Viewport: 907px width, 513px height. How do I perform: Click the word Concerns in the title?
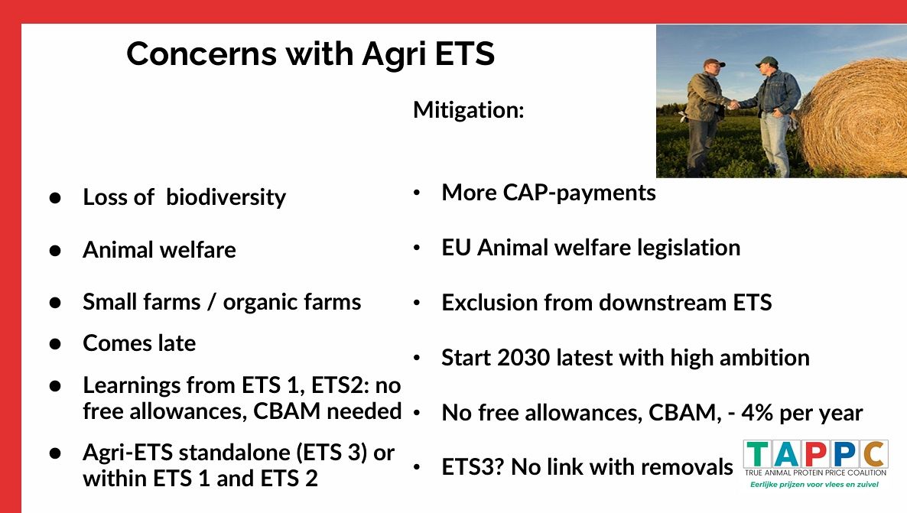coord(200,54)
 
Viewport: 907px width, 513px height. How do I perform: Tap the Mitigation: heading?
coord(469,110)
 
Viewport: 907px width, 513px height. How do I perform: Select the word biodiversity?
coord(226,198)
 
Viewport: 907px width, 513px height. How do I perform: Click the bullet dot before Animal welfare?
coord(55,251)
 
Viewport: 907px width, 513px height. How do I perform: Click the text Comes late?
coord(139,343)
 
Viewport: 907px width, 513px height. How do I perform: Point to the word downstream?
coord(661,303)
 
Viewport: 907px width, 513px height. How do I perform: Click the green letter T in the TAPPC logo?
coord(757,455)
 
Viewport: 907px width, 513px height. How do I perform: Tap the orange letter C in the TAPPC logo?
coord(875,455)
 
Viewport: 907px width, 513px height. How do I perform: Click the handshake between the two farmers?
coord(733,105)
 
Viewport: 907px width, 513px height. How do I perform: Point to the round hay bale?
coord(851,118)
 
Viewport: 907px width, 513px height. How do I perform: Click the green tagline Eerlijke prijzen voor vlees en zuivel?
coord(814,485)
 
